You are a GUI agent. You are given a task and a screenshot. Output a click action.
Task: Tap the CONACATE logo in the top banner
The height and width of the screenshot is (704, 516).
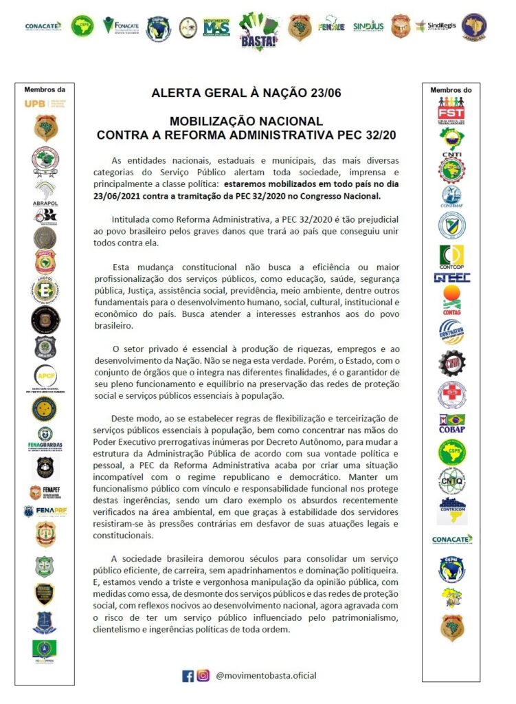tap(43, 26)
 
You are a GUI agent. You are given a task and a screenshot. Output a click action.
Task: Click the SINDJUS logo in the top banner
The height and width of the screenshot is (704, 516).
tap(368, 27)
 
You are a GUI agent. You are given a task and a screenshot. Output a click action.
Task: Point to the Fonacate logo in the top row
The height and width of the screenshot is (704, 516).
tap(120, 25)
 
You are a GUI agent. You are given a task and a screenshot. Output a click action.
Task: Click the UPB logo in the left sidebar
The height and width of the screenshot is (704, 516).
tap(44, 104)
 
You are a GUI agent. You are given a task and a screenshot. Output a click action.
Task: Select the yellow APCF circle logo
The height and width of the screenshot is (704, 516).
tap(45, 375)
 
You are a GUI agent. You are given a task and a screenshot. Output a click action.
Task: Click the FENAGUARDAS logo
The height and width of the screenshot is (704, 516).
tap(45, 437)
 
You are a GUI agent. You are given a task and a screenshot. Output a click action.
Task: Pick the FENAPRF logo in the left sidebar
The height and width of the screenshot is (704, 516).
tap(45, 511)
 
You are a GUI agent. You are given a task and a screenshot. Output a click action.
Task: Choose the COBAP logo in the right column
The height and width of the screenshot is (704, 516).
tap(451, 423)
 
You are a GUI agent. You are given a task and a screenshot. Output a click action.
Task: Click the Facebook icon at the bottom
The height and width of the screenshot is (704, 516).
tap(188, 676)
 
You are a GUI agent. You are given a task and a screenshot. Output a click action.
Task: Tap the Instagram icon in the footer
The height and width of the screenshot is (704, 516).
tap(203, 676)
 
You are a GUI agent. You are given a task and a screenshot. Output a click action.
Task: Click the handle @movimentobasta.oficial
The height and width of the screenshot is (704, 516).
tap(266, 676)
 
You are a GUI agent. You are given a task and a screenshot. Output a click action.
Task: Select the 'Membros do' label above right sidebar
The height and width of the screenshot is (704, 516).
tap(451, 90)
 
